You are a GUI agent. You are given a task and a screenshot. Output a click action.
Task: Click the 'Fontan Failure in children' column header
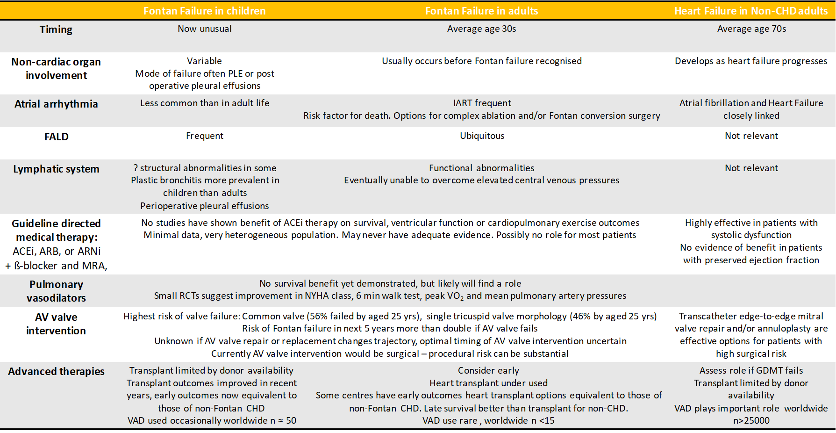point(204,11)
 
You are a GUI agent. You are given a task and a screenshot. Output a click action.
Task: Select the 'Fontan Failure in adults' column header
point(481,11)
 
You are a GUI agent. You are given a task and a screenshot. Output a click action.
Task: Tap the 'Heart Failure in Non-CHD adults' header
point(750,11)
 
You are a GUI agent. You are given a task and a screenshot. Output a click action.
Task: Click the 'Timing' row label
point(56,29)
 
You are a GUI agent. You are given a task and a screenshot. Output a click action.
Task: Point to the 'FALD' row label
point(57,137)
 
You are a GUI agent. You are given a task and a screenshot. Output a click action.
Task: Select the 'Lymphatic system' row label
point(56,169)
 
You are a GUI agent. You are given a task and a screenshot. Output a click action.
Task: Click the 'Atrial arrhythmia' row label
point(56,104)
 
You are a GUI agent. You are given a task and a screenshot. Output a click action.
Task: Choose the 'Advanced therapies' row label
point(56,371)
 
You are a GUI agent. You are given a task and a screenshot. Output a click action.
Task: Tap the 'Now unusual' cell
point(205,29)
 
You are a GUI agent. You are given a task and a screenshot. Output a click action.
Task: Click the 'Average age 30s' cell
point(481,29)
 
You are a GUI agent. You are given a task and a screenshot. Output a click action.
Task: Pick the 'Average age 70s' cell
point(751,29)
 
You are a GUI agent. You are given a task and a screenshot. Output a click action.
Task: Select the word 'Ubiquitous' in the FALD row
point(482,136)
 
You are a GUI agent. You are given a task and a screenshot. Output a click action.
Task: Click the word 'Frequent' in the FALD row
point(205,136)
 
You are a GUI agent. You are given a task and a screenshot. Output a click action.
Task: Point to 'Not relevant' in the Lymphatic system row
point(751,168)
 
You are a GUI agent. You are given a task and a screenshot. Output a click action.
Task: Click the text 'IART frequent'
point(482,103)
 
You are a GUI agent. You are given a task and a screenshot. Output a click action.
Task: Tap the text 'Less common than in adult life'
point(205,103)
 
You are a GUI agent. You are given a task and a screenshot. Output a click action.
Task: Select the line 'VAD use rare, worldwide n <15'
point(488,420)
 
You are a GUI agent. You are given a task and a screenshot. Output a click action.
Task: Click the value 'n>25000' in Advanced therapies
point(751,420)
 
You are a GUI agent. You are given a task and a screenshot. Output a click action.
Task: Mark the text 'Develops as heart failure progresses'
point(751,61)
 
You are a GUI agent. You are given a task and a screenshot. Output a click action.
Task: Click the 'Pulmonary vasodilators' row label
point(56,291)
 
